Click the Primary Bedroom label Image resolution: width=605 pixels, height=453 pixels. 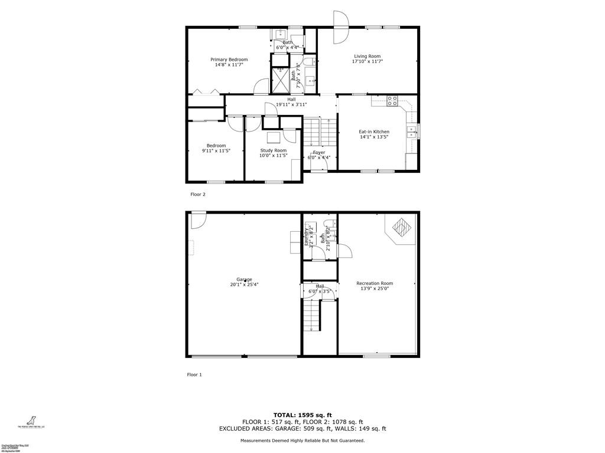click(x=229, y=60)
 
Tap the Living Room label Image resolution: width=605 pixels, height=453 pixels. click(x=367, y=57)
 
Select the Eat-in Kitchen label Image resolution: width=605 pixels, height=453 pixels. click(x=374, y=132)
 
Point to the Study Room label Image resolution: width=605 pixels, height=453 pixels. click(x=273, y=150)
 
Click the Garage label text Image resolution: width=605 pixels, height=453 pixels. click(x=244, y=280)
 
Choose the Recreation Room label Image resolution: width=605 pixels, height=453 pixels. click(x=375, y=283)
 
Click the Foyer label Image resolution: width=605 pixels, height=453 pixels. click(x=318, y=153)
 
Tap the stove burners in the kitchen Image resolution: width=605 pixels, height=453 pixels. click(x=391, y=101)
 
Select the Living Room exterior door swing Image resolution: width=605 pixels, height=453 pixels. click(x=341, y=28)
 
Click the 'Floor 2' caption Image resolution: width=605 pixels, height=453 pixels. click(x=197, y=194)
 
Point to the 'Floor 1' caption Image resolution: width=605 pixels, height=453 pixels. click(x=194, y=375)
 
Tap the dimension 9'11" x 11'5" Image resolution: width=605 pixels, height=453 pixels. click(x=216, y=151)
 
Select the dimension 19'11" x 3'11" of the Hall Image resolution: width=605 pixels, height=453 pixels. click(x=291, y=104)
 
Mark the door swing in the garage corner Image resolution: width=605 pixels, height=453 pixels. click(x=197, y=221)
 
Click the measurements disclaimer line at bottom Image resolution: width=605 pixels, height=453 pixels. click(x=302, y=441)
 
